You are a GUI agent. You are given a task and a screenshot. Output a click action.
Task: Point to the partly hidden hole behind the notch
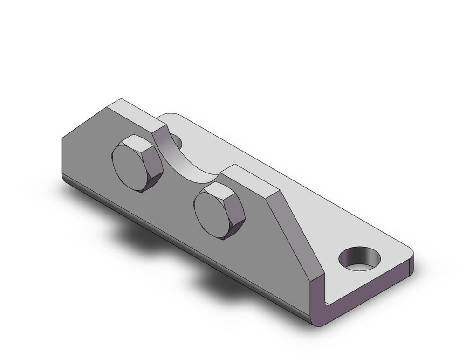pos(176,139)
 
